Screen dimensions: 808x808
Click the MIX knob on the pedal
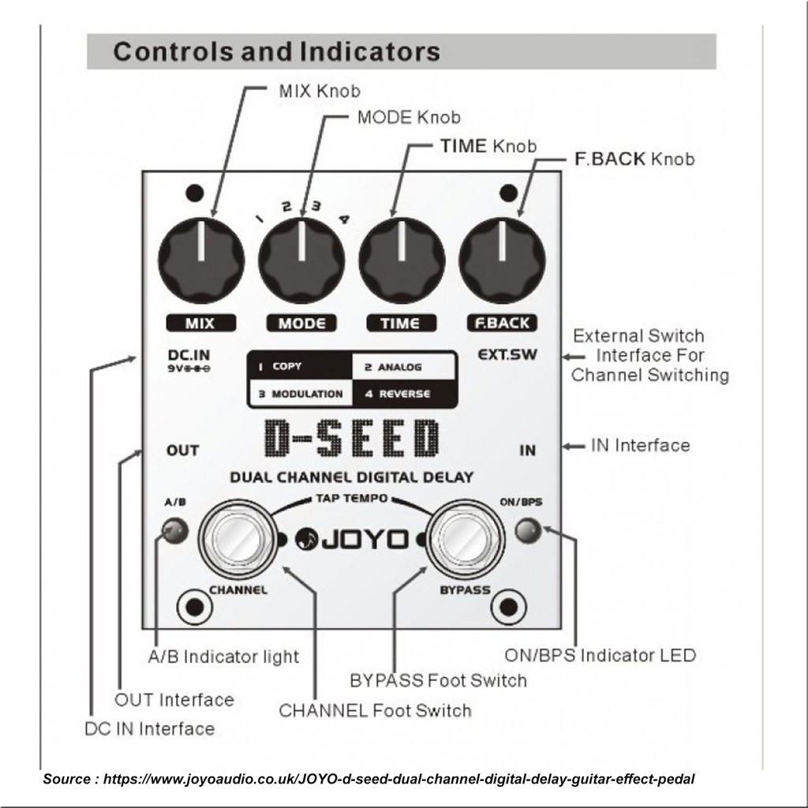(x=201, y=260)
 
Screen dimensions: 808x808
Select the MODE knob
(x=301, y=260)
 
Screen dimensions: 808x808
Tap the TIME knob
(x=402, y=260)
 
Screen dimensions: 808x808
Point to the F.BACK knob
(x=502, y=260)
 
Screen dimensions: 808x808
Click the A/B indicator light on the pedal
(x=174, y=530)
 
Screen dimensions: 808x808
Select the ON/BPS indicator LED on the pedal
(x=528, y=530)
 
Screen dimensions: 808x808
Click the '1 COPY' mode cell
(x=301, y=366)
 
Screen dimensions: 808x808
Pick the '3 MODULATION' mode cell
(x=301, y=395)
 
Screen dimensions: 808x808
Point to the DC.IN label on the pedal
(x=189, y=355)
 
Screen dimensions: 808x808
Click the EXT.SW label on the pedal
(x=507, y=354)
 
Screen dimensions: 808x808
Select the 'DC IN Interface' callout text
(x=149, y=728)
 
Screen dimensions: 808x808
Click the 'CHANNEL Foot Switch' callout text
(x=375, y=711)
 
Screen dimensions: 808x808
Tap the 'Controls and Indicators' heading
(x=277, y=51)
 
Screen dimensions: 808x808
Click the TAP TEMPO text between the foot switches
(x=351, y=499)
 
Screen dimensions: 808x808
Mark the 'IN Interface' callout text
(x=641, y=445)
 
